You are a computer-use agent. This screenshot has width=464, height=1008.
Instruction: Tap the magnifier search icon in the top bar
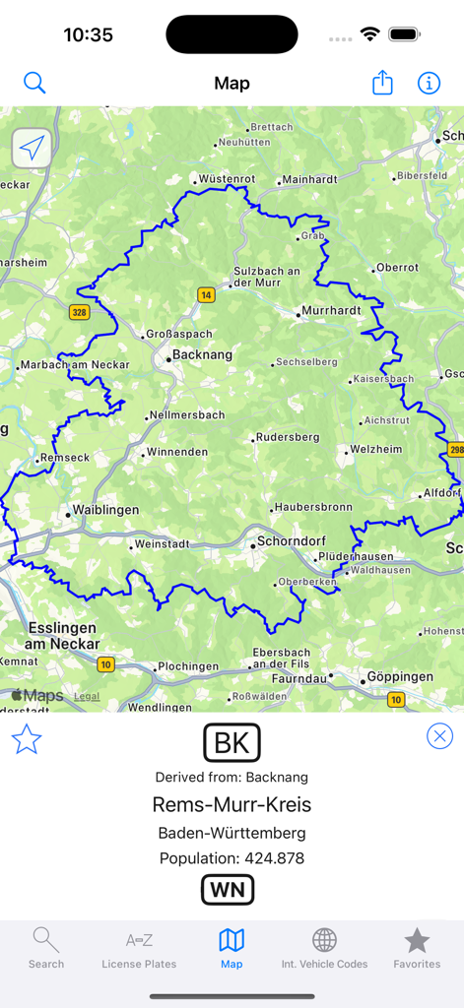coord(34,84)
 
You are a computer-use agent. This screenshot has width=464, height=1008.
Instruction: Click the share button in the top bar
coord(382,83)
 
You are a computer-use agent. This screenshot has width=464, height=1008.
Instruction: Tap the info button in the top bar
coord(429,84)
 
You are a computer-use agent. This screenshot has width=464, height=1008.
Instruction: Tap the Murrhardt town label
coord(331,311)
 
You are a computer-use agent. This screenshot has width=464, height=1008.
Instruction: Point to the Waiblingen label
coord(105,511)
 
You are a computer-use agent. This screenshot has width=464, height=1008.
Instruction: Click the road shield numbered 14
coord(206,294)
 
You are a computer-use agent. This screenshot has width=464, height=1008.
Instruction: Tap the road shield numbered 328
coord(80,312)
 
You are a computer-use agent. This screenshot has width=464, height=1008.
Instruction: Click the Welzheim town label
coord(376,450)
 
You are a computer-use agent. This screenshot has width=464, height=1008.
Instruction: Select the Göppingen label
coord(399,677)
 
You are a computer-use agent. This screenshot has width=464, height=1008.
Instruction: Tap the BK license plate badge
coord(232,743)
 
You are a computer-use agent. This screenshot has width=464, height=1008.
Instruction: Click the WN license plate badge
coord(228,890)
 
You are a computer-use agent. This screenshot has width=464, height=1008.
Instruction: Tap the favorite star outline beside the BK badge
coord(27,739)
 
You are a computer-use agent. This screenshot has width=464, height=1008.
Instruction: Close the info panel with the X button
coord(439,736)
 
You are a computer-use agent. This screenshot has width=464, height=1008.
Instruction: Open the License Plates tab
coord(139,949)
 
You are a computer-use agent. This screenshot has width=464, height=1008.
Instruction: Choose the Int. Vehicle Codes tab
coord(324,949)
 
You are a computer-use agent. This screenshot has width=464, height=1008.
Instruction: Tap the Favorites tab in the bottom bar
coord(417,949)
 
